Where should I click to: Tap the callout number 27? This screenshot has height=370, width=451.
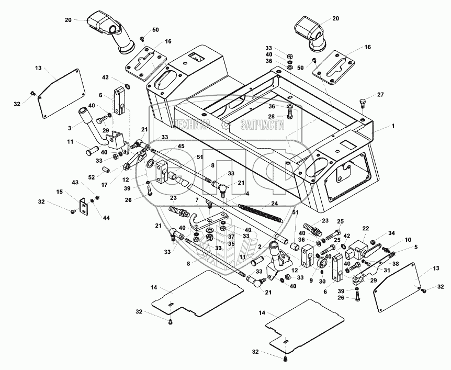coord(380,95)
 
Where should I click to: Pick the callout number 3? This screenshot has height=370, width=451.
coord(69,128)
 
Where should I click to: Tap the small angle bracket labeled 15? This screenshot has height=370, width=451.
coord(83,206)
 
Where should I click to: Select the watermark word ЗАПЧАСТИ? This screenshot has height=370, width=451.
coord(262,124)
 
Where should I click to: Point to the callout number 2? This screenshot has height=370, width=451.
coord(259,247)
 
